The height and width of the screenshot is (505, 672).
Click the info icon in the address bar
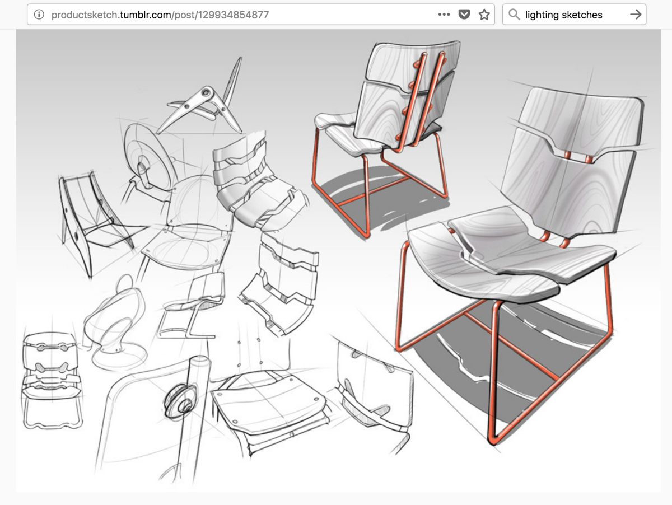coord(39,15)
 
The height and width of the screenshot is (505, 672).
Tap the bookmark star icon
coord(484,15)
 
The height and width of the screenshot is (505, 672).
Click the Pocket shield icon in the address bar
coord(464,15)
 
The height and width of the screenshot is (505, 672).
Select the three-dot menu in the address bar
coord(444,15)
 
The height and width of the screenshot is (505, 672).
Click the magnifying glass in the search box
coord(514,15)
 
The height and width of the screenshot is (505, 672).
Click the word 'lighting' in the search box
coord(542,15)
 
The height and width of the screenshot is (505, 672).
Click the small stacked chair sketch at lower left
coord(52,380)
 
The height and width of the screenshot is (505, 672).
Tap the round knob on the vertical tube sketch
coord(180,401)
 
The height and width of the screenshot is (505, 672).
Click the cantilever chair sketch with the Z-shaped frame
coord(192,306)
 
